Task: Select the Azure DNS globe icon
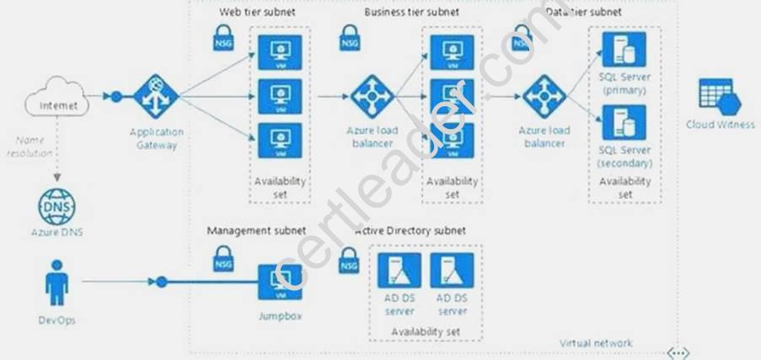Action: coord(53,207)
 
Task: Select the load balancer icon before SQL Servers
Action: coord(543,98)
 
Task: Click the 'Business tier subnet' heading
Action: coord(412,13)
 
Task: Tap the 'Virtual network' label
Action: coord(596,342)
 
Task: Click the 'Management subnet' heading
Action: coord(256,229)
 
